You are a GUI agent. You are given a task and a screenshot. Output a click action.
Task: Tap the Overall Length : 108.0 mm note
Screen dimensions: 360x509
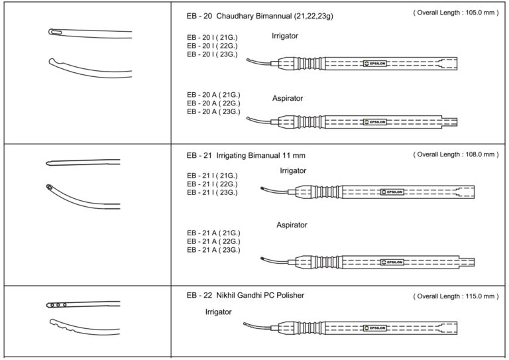[x=455, y=154]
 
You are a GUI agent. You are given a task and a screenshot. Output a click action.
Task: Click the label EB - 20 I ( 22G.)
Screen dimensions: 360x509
[x=213, y=46]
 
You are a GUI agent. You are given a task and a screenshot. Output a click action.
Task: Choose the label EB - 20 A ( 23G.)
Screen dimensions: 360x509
[x=213, y=112]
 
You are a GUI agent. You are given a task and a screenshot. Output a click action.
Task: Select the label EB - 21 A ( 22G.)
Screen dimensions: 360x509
[x=213, y=241]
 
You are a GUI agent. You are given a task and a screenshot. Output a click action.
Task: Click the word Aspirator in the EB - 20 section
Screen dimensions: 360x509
[x=288, y=98]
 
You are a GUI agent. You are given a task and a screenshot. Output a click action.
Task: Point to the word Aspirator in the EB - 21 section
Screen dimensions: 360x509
[x=292, y=225]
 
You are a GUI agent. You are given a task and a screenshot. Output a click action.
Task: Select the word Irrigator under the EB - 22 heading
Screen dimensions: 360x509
[x=218, y=312]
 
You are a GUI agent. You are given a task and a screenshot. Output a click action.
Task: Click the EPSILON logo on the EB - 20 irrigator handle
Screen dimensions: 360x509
[x=376, y=64]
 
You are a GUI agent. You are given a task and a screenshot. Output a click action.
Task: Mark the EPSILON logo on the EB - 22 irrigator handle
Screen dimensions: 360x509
[x=377, y=328]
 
